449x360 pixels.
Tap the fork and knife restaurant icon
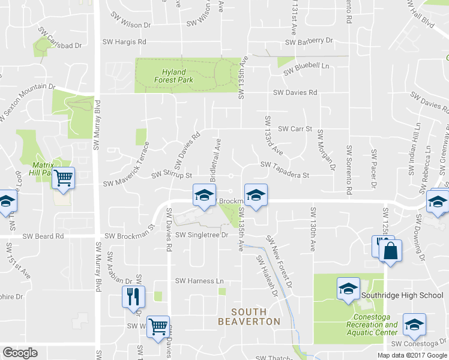[x=133, y=296]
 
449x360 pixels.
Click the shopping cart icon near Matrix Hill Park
[x=63, y=178]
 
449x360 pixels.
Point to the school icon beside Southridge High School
[x=348, y=289]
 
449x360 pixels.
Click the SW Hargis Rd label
[x=124, y=42]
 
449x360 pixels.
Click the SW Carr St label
[x=294, y=129]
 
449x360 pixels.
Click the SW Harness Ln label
[x=199, y=281]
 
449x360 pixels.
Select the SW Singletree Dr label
[x=203, y=235]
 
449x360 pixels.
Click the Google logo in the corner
[x=20, y=353]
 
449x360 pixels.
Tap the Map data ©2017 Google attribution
[x=412, y=355]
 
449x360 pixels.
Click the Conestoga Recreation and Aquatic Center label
[x=369, y=328]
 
